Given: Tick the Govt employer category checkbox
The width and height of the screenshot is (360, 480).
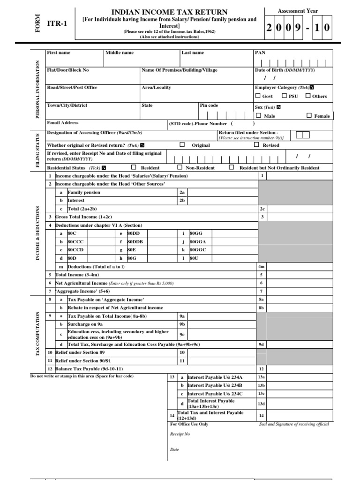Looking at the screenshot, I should pos(257,96).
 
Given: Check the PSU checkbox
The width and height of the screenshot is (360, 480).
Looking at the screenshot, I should pos(285,96).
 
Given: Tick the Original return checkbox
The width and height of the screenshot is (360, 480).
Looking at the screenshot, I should pos(182,145).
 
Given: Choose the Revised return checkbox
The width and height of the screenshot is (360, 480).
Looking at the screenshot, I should pos(256,145).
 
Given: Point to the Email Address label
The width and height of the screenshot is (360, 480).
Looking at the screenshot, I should pos(63,123).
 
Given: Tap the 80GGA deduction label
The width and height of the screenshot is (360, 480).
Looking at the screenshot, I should pos(198,241).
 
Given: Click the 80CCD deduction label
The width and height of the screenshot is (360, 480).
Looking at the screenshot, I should pos(75,250).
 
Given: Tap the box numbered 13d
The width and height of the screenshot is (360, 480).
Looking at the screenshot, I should pos(262,404).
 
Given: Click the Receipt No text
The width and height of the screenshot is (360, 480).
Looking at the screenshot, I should pos(180,434).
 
